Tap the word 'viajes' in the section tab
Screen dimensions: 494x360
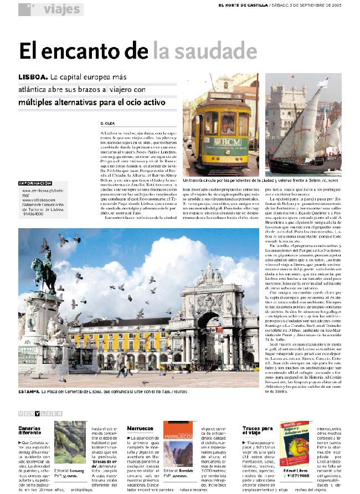click(x=61, y=9)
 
